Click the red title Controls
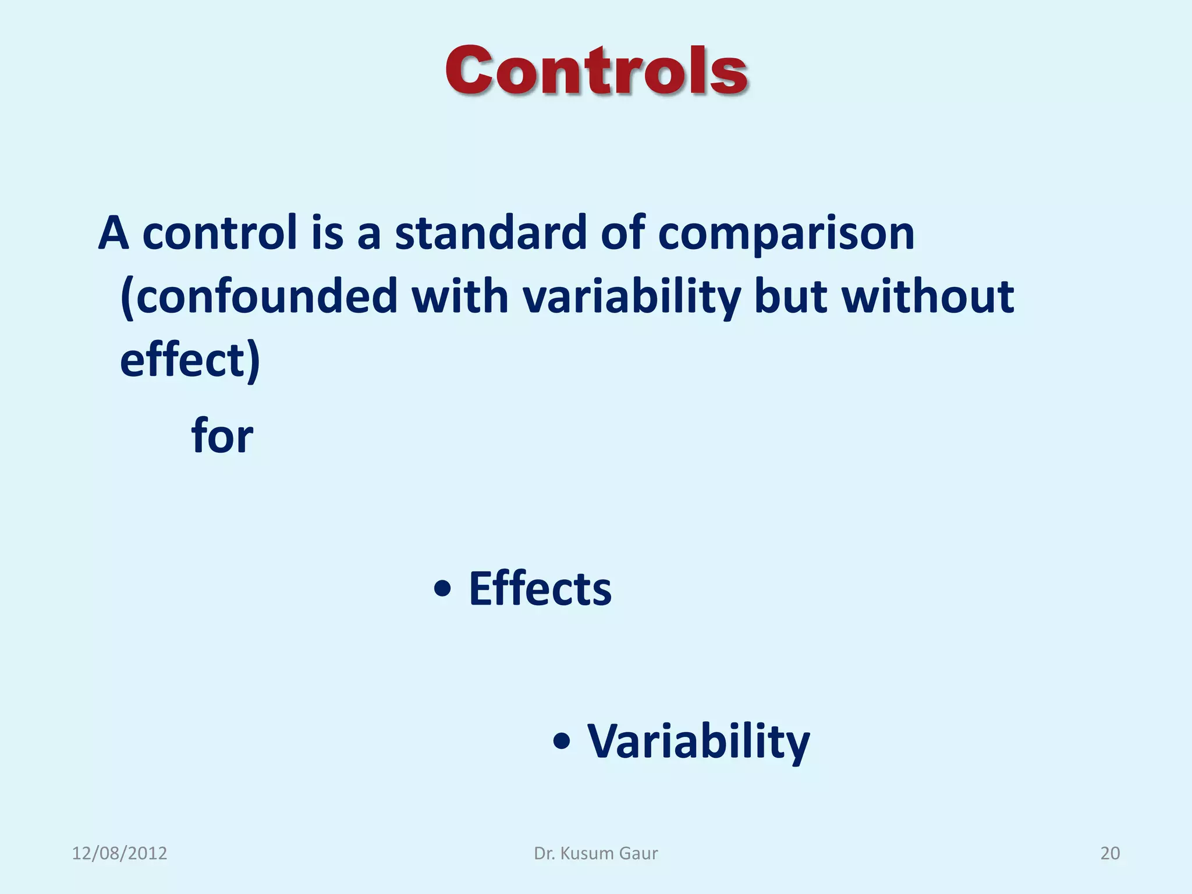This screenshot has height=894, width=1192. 596,71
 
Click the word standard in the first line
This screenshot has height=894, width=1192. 491,233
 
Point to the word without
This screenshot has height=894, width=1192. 928,297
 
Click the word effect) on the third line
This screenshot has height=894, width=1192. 190,361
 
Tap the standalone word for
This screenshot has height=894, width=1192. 222,436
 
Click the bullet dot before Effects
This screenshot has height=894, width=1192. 443,589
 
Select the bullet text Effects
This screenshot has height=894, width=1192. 540,589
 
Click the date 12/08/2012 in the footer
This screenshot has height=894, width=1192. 119,853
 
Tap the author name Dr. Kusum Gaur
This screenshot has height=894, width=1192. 596,853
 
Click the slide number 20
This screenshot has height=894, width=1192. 1110,853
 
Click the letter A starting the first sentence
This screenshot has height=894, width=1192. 113,233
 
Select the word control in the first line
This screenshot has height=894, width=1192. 220,233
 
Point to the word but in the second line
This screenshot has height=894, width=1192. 790,297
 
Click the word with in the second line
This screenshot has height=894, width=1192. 460,297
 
